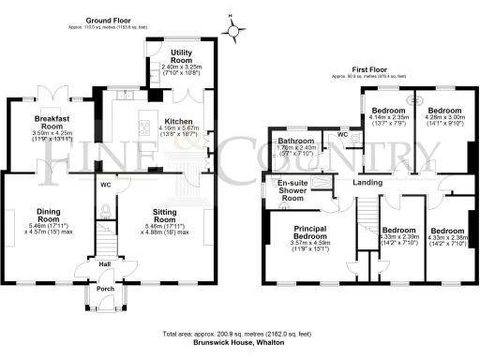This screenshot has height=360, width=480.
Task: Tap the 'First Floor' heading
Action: pos(371,70)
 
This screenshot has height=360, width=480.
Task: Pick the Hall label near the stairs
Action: pos(106,265)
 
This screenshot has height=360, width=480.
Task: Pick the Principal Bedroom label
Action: pos(308,232)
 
